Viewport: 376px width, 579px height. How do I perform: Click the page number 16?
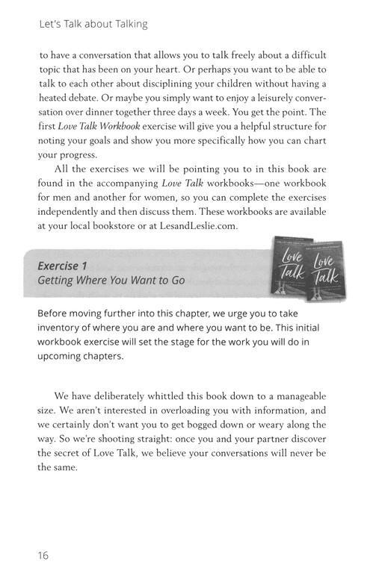click(43, 554)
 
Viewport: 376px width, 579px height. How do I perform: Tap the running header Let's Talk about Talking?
click(93, 24)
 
